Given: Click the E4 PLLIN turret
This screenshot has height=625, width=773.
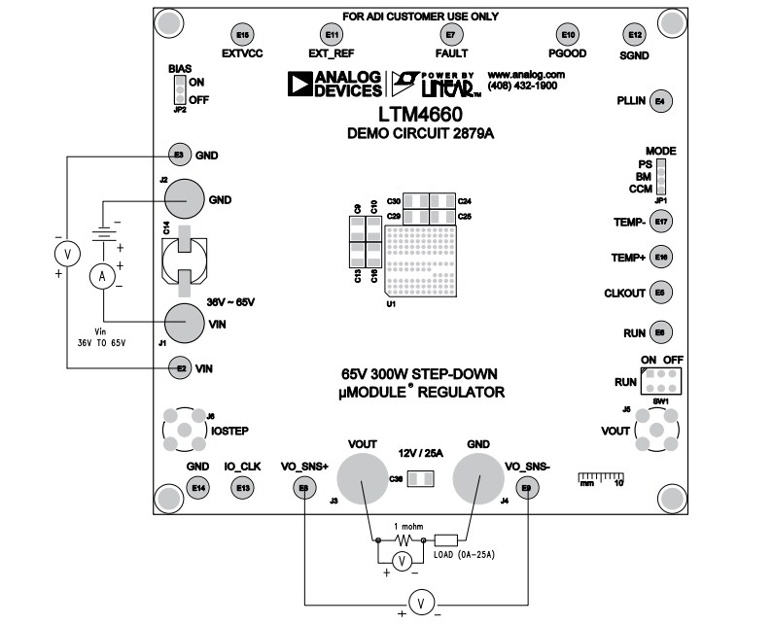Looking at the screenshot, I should coord(660,101).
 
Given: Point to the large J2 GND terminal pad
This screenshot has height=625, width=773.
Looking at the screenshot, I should coord(183,199).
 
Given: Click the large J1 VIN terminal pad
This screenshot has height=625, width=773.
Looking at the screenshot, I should coord(183,321).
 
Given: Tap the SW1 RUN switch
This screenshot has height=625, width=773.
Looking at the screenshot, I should coord(660,379).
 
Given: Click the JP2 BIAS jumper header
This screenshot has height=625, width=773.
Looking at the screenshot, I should coord(179,90).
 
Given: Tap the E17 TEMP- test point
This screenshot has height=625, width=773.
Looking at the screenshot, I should coord(661,222).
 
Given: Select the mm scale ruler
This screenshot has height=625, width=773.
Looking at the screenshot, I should coord(601,475).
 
